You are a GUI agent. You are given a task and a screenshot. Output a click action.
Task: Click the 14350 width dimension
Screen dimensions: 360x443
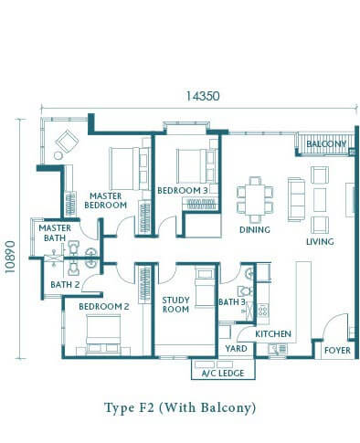(203, 96)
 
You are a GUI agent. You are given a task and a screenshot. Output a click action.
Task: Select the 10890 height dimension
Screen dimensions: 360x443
(10, 257)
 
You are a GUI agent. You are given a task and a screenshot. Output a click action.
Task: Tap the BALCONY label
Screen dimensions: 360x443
(326, 143)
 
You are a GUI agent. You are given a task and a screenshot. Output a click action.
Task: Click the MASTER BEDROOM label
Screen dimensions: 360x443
(105, 200)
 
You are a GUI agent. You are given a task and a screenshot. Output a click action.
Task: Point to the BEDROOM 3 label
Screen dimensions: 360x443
(183, 191)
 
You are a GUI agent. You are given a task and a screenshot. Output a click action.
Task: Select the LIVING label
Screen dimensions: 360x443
(320, 242)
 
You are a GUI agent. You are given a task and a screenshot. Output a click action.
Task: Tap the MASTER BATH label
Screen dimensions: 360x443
(55, 233)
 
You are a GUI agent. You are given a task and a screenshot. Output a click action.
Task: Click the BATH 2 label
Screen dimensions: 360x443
(65, 285)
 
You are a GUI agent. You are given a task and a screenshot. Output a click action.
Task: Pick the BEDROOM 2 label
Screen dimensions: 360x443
(104, 307)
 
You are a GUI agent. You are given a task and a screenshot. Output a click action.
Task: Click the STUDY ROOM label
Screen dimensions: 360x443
(175, 305)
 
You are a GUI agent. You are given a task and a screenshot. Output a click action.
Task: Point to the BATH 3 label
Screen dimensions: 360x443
(232, 302)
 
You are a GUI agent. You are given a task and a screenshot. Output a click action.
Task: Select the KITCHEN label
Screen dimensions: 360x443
(273, 334)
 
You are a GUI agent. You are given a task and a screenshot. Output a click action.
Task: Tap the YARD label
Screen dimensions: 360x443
(236, 349)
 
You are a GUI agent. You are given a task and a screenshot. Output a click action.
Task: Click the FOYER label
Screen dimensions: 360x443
(337, 351)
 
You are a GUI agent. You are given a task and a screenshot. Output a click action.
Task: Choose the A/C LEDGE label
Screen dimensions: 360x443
(223, 373)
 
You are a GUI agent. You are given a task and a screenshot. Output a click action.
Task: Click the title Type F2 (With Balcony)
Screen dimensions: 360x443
(180, 407)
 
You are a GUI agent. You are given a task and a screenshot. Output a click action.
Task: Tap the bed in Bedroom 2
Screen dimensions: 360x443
(103, 334)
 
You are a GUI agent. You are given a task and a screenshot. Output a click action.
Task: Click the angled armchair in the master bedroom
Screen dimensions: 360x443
(67, 142)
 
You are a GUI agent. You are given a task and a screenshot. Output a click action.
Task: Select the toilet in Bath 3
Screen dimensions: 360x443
(246, 291)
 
